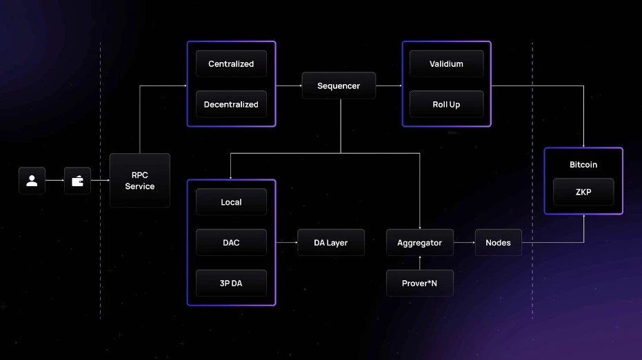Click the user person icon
pos(32,181)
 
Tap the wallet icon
pos(77,181)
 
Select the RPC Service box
pos(139,181)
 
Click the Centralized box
pos(231,64)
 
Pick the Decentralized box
pos(231,105)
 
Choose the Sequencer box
pos(339,86)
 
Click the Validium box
pos(446,64)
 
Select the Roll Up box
pos(446,105)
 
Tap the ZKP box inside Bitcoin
pos(583,192)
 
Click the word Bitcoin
pos(583,165)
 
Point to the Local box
pos(231,202)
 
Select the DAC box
pos(231,243)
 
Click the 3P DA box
pos(231,283)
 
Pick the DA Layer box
pos(331,243)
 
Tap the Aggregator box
pos(419,243)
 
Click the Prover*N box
pos(419,283)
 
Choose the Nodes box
pos(498,243)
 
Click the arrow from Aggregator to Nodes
pos(464,243)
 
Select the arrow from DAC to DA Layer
pos(286,243)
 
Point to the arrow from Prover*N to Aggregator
pos(419,263)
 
